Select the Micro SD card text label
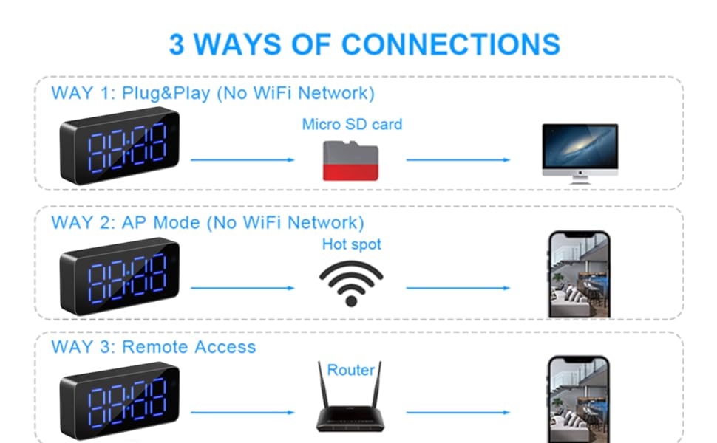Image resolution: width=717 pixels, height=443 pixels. pos(352,124)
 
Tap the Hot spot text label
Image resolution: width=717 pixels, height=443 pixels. pos(352,244)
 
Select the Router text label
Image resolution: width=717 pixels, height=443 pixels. pos(351,370)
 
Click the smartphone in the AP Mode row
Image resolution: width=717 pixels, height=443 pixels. pos(579,275)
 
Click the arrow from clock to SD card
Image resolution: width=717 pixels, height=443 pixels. pos(242,159)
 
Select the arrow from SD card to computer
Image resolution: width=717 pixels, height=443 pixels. pos(458,159)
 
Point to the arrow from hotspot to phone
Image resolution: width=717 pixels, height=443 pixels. pos(458,288)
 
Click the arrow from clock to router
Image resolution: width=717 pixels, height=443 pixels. pos(242,413)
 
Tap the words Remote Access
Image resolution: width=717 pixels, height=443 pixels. pos(188,347)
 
